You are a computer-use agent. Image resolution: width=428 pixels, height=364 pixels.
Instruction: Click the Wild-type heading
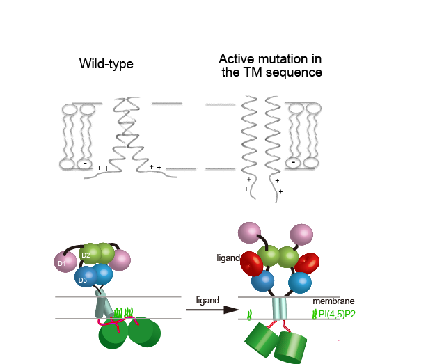coord(106,65)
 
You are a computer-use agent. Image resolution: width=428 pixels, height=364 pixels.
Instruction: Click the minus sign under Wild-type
coord(84,164)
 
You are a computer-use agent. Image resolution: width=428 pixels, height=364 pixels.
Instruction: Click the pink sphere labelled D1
coord(64,262)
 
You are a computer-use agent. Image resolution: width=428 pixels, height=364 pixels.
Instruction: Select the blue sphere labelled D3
coord(85,277)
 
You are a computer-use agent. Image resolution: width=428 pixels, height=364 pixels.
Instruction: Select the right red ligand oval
coord(308,264)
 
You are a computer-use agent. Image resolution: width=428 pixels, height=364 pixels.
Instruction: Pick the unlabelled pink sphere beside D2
coord(120,260)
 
